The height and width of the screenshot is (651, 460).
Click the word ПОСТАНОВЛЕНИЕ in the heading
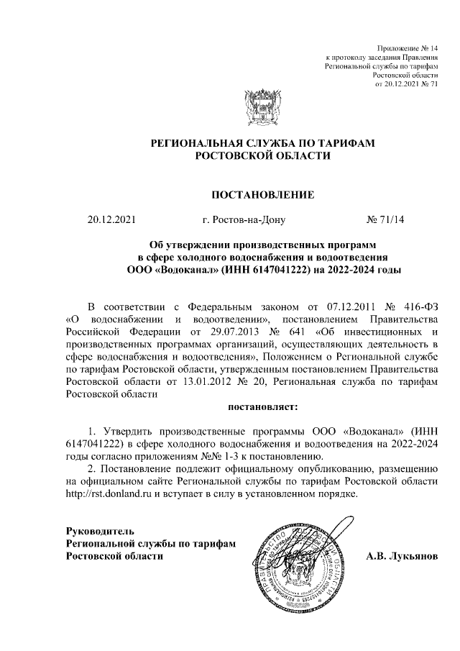(262, 194)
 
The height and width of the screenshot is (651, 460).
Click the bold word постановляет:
(262, 408)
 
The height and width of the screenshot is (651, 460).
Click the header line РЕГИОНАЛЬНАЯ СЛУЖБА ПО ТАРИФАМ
(262, 144)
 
